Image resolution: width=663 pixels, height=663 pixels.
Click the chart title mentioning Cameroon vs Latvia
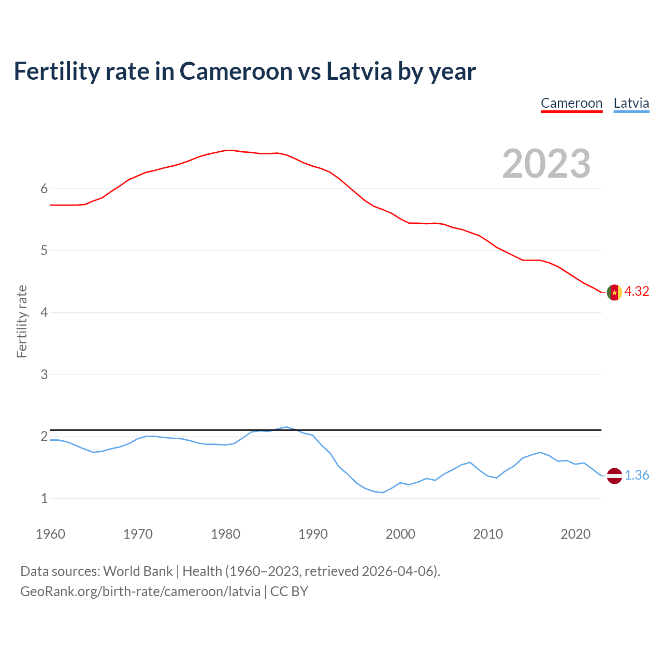pyautogui.click(x=244, y=71)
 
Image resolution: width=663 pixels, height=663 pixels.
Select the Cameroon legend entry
pyautogui.click(x=571, y=103)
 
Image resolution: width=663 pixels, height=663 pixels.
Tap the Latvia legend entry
pyautogui.click(x=631, y=103)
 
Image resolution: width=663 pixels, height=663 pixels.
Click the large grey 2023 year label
pyautogui.click(x=546, y=164)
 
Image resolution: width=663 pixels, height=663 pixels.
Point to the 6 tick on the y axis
pyautogui.click(x=44, y=189)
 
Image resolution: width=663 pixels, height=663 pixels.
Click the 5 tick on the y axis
pyautogui.click(x=44, y=251)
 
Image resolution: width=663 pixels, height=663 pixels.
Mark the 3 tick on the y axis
pyautogui.click(x=44, y=374)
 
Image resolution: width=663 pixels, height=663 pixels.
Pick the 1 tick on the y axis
pyautogui.click(x=44, y=499)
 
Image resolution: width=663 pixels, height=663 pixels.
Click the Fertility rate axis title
pyautogui.click(x=22, y=321)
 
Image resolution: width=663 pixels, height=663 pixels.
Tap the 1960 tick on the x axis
pyautogui.click(x=50, y=534)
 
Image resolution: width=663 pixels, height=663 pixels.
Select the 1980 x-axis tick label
pyautogui.click(x=225, y=534)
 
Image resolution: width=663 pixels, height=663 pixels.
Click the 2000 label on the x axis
pyautogui.click(x=400, y=534)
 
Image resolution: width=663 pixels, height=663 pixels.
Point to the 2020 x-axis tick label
pyautogui.click(x=575, y=534)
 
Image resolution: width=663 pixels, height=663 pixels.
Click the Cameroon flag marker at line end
pyautogui.click(x=614, y=292)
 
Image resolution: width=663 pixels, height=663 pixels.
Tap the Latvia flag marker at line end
pyautogui.click(x=614, y=475)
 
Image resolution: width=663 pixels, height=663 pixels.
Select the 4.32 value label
pyautogui.click(x=637, y=292)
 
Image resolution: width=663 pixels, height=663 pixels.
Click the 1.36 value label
pyautogui.click(x=637, y=475)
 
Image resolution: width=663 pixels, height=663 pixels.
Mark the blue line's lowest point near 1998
pyautogui.click(x=382, y=493)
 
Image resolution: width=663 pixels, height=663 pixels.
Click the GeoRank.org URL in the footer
pyautogui.click(x=140, y=592)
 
